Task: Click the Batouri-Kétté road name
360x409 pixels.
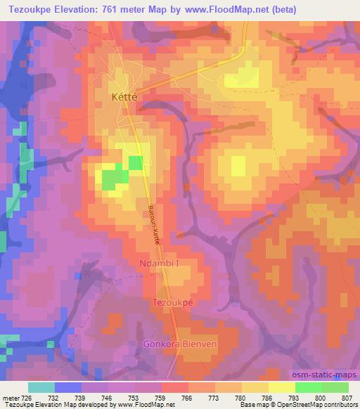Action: click(x=154, y=225)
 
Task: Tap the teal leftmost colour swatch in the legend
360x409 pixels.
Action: click(x=41, y=387)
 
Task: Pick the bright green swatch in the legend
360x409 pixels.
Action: click(x=308, y=387)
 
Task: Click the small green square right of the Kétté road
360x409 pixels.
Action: click(x=136, y=164)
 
